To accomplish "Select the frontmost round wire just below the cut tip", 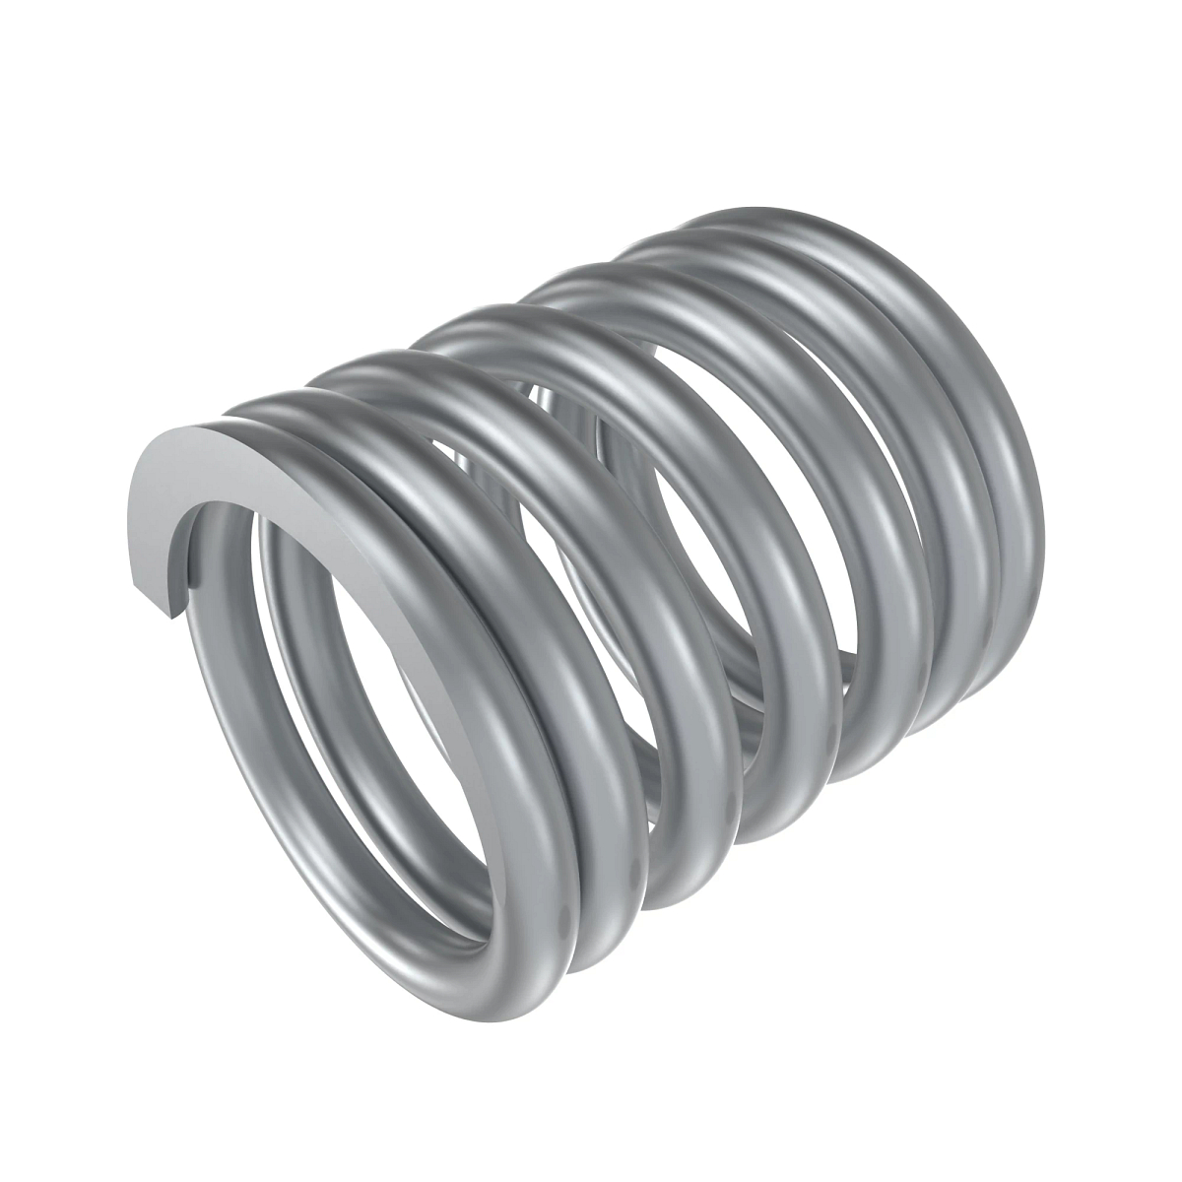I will pos(197,670).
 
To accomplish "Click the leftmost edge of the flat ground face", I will pos(133,532).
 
